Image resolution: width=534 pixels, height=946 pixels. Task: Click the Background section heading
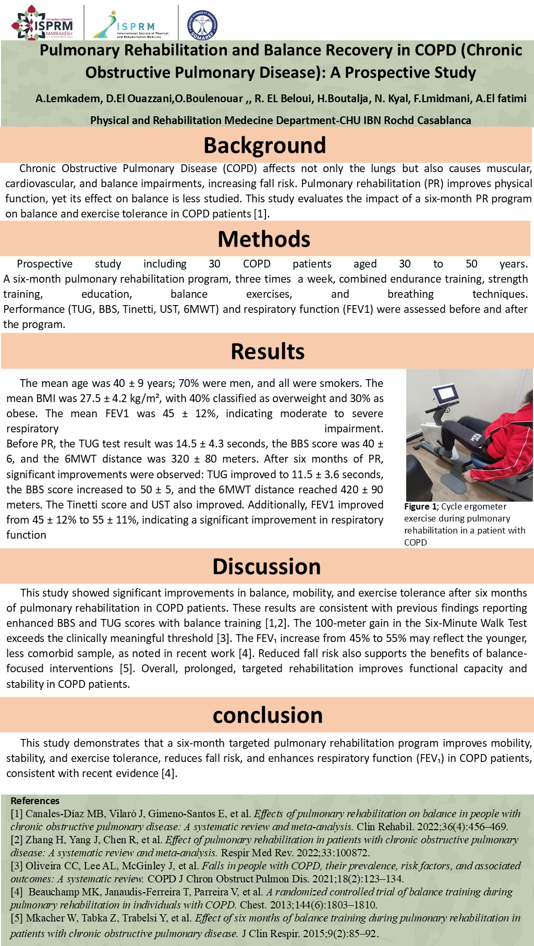(x=264, y=145)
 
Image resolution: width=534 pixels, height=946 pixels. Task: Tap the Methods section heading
(x=264, y=239)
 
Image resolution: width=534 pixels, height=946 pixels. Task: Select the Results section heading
(x=268, y=351)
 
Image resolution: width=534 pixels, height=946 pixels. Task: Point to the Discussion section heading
(x=266, y=566)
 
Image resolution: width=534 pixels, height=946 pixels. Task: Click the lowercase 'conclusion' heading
(x=268, y=715)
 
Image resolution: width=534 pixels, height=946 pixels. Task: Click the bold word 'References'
(x=35, y=801)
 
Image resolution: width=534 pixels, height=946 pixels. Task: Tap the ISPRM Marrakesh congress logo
(x=43, y=23)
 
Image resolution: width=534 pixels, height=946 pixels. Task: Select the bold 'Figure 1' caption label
(x=420, y=506)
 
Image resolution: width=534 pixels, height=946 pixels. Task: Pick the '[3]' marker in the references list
(x=17, y=866)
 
